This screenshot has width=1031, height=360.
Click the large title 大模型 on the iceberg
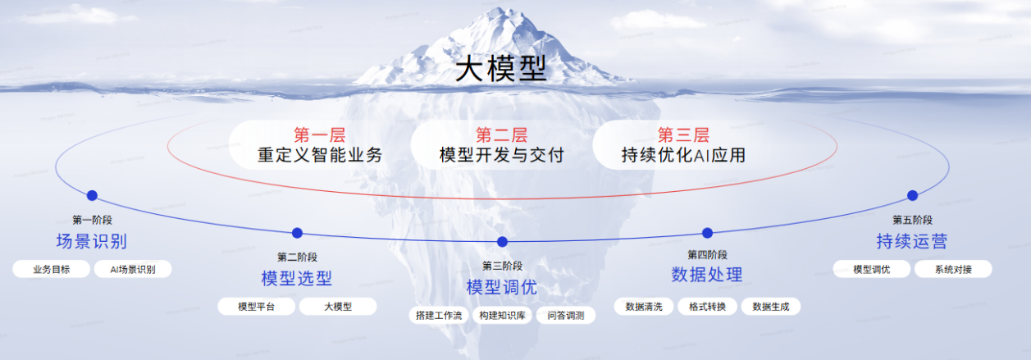coord(500,67)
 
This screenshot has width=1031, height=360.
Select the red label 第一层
coord(319,135)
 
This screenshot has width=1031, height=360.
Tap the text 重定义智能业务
coord(319,155)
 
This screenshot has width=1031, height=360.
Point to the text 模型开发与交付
coord(501,155)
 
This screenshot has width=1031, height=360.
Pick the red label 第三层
coord(683,135)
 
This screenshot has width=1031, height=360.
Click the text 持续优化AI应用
coord(683,155)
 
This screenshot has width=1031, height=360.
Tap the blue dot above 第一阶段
coord(92,195)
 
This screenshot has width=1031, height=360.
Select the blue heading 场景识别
coord(92,242)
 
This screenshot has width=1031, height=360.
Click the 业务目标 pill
coord(52,269)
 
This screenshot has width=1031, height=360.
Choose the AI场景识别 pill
coord(132,269)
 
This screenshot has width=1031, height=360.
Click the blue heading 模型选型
coord(297,279)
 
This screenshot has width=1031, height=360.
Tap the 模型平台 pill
coord(256,307)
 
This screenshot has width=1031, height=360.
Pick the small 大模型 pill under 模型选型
coord(337,307)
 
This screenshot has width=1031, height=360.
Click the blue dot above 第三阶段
coord(503,241)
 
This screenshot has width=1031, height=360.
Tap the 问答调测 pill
coord(566,315)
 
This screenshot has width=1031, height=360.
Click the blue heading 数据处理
coord(707,275)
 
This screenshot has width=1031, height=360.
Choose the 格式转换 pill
coord(707,307)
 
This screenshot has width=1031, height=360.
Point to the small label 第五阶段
coord(912,220)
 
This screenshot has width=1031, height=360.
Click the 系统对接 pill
coord(953,269)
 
